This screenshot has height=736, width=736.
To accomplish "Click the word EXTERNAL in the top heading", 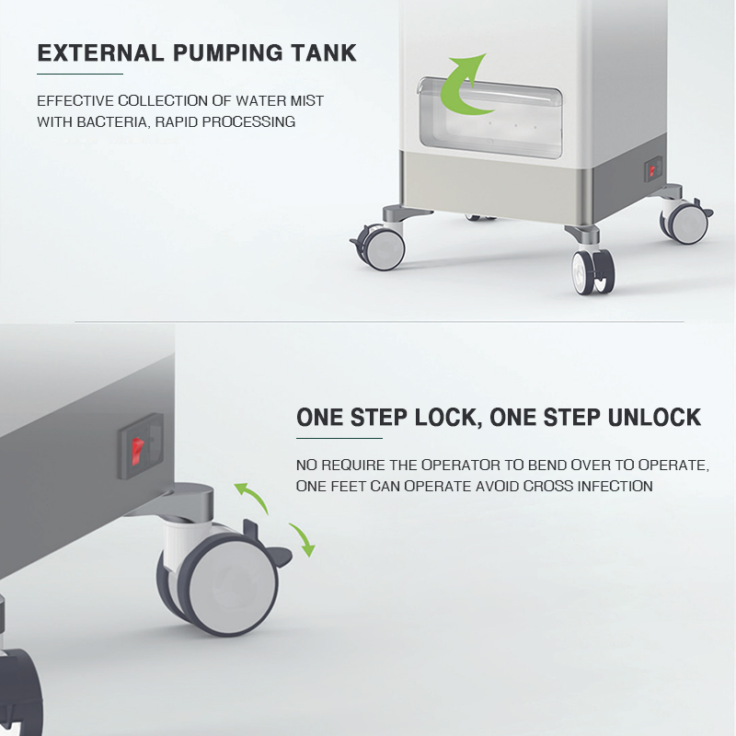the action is pos(100,52).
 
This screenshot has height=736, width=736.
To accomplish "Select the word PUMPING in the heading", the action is pos(227,52).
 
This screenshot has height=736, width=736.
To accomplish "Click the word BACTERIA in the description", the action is pos(111,122).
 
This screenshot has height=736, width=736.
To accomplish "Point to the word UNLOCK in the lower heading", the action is pos(654,418).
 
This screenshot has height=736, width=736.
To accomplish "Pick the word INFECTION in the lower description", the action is pos(615,486).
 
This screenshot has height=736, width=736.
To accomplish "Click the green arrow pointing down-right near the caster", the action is pos(303,539).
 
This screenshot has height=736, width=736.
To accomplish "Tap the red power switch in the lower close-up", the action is pos(136,450).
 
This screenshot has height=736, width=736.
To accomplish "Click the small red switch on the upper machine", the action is pos(652,172).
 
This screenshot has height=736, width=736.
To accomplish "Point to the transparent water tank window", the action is pos(489,119).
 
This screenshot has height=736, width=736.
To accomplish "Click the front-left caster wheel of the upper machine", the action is pos(381,247).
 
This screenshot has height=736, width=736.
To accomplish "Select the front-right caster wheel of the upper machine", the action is pos(593,271).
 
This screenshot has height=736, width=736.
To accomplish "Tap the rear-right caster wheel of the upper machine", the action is pos(685,221).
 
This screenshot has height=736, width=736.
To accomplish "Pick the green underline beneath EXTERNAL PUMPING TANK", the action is pos(80,74).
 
